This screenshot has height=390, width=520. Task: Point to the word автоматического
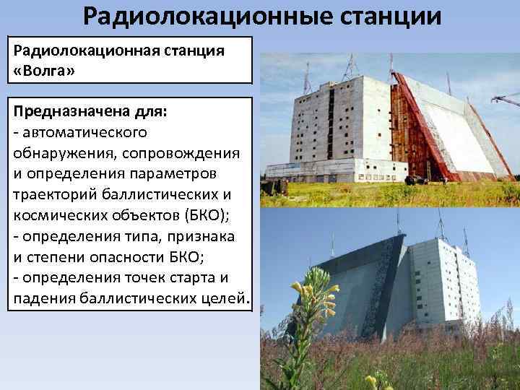pyautogui.click(x=84, y=132)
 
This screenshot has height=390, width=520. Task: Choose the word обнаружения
pyautogui.click(x=64, y=152)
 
